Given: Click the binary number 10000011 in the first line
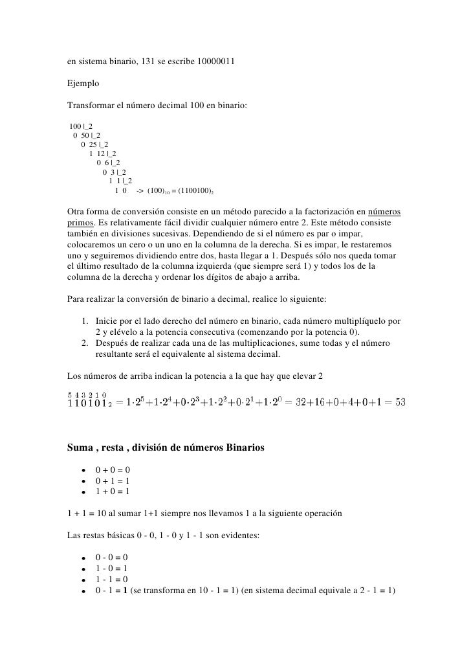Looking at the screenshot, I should point(216,62).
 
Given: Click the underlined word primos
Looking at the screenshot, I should point(82,223).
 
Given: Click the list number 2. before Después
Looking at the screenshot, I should point(86,344).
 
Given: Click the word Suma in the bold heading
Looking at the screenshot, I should point(81,447).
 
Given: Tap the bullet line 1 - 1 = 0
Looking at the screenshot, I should point(111,579).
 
